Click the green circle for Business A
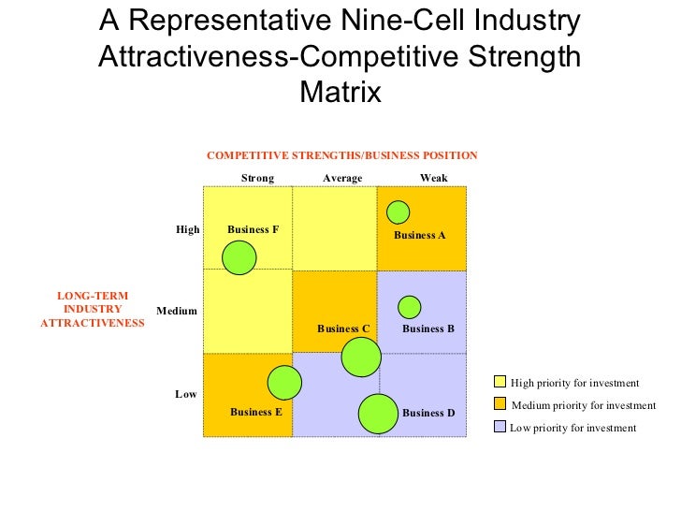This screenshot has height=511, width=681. coord(398,212)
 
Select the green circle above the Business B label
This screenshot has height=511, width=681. coord(410,307)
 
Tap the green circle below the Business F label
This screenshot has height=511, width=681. coord(239,257)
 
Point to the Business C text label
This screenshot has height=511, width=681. coord(343,328)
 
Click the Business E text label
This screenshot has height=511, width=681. coord(256,412)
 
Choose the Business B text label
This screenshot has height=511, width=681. coord(428,328)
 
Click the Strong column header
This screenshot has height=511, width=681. coord(257,178)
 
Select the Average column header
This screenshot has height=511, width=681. coord(342,178)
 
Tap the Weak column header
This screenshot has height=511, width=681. coord(433,178)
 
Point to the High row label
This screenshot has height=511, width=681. coord(188,229)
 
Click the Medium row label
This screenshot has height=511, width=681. coord(176,310)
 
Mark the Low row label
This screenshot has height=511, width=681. coord(186,394)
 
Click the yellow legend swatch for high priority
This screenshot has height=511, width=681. coord(500,382)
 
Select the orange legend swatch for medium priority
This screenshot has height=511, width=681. coord(500,404)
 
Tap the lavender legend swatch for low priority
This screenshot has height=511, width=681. coord(500,427)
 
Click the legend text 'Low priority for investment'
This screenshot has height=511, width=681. coord(572,428)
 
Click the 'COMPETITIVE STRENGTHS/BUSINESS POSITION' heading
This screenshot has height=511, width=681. coord(342,155)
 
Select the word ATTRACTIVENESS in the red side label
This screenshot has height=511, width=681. coord(93,323)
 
